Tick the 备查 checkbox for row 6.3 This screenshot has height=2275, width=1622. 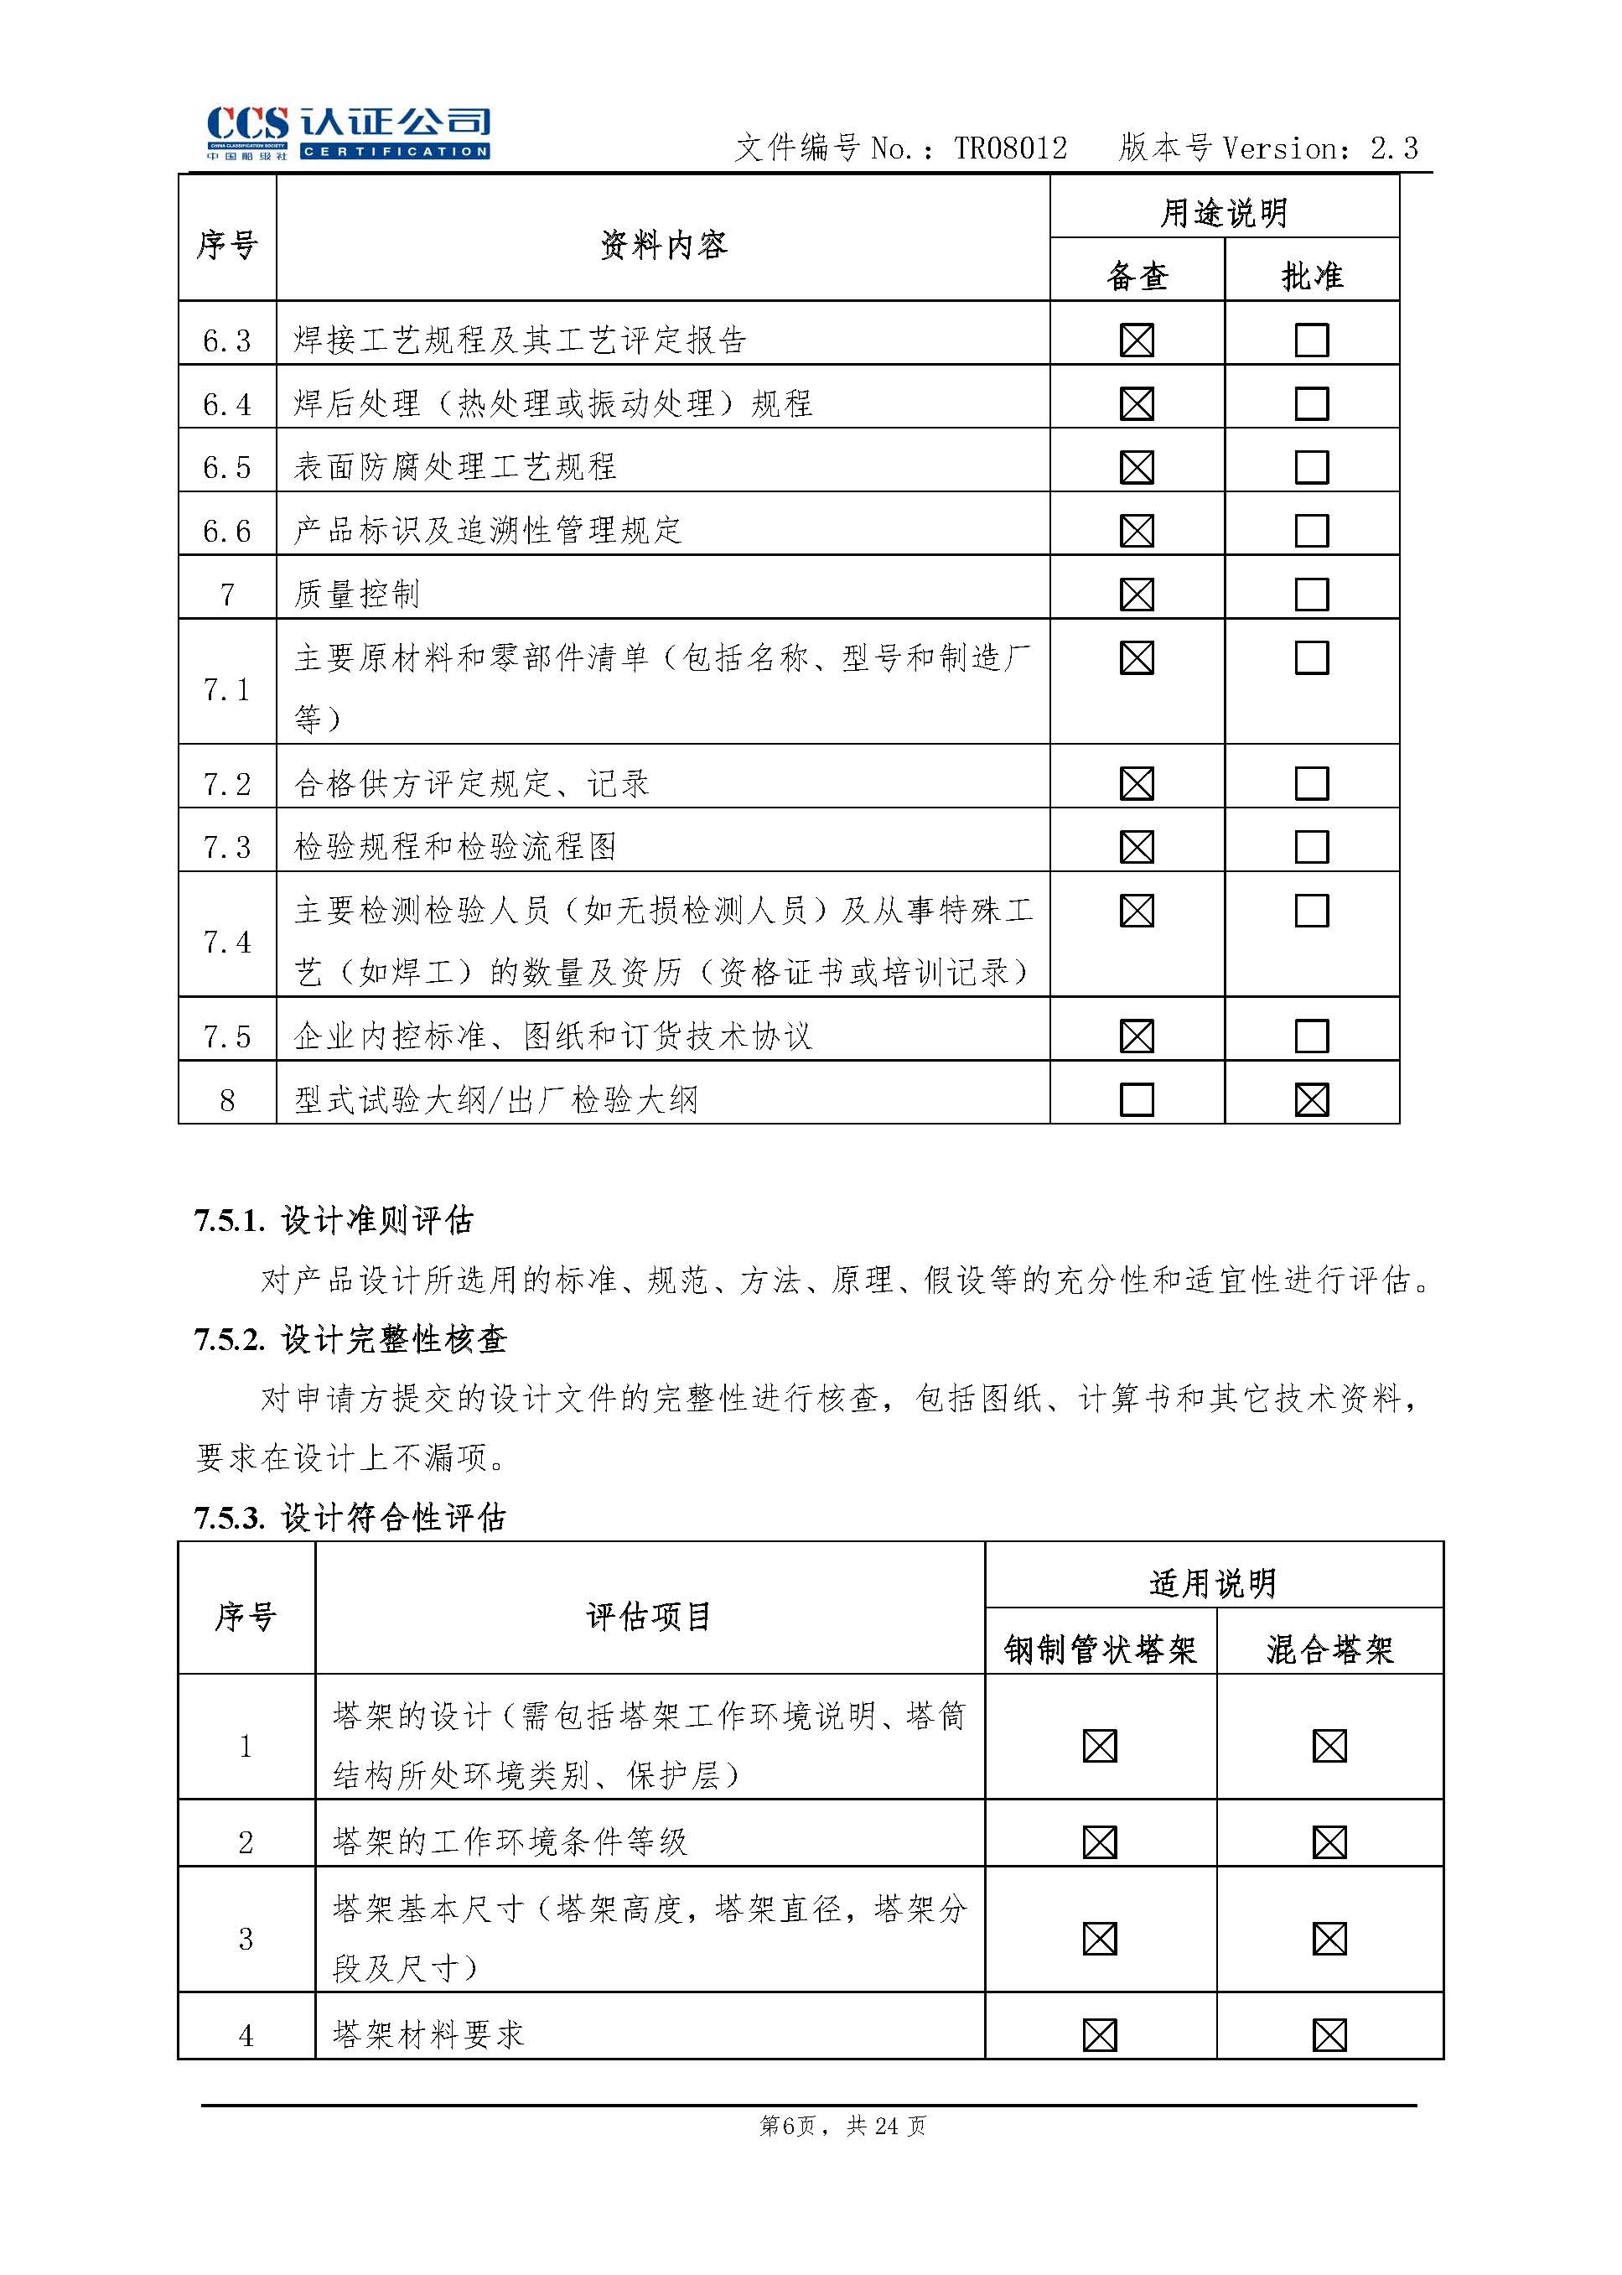1137,340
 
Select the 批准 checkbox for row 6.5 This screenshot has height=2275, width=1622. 1311,466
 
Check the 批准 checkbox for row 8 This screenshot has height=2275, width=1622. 1311,1100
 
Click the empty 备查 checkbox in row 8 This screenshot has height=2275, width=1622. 1137,1100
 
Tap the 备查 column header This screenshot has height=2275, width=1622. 1137,276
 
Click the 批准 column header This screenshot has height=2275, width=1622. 1311,276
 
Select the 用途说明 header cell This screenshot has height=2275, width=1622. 1224,212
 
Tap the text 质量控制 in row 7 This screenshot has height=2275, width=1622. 356,595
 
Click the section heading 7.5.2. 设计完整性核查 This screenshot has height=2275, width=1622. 350,1340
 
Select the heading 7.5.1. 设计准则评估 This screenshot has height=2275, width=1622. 334,1220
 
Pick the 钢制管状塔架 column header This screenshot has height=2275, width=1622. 1100,1649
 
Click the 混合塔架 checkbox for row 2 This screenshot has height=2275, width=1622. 1329,1841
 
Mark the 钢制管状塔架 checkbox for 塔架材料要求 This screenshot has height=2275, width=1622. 1100,2034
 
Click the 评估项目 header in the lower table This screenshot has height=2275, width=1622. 648,1616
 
